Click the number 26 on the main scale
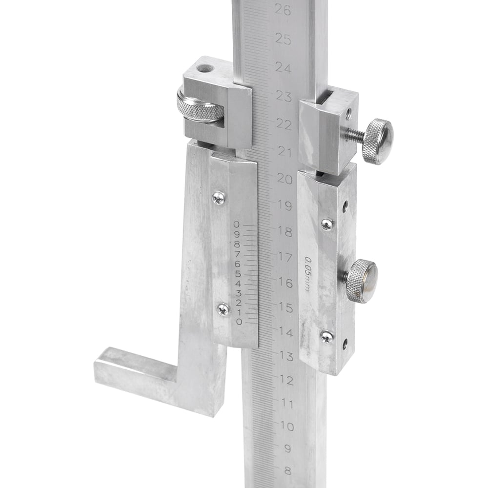pos(283,10)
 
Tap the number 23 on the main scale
pos(284,97)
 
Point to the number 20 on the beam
pos(285,179)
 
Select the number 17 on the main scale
pos(285,257)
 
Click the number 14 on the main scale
pos(286,332)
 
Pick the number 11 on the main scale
pos(287,404)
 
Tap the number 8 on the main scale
pos(288,470)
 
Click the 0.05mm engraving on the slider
pos(307,274)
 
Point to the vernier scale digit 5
pos(238,274)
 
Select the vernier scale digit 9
pos(237,234)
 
